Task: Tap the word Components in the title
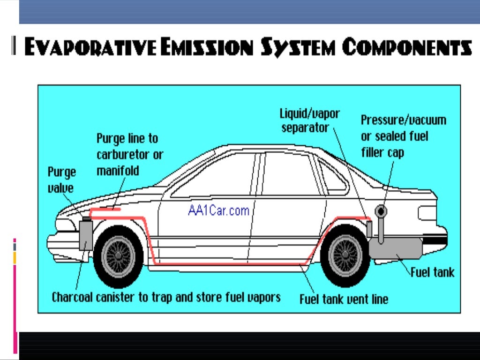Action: (406, 48)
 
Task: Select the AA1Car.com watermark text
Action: (218, 210)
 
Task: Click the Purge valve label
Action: (61, 180)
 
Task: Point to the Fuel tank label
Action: (432, 272)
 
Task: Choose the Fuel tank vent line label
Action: (344, 299)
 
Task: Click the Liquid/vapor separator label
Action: (309, 120)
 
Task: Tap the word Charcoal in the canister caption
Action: (75, 297)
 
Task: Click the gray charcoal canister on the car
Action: (86, 234)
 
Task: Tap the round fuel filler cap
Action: (381, 212)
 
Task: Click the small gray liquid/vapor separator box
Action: (369, 229)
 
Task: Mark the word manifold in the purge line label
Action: (118, 170)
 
